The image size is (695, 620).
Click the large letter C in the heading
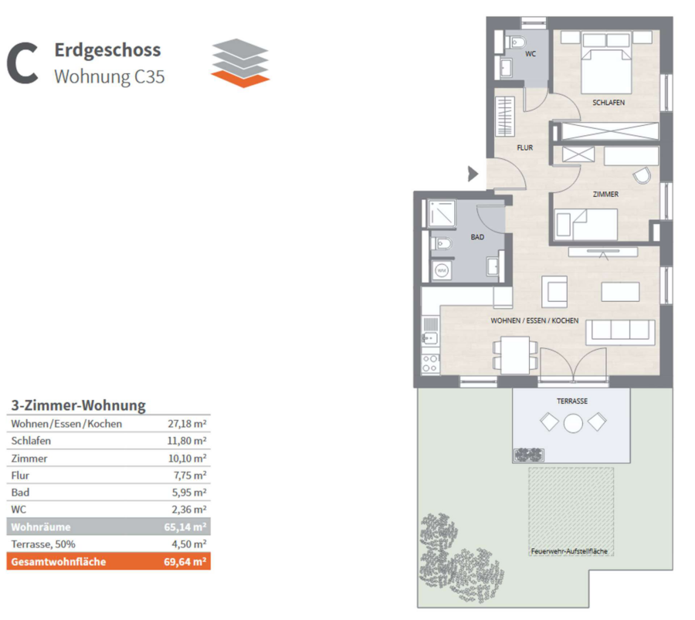pos(22,63)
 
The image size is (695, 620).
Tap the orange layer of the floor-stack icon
pos(240,79)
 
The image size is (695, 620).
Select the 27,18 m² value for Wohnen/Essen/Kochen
pos(187,424)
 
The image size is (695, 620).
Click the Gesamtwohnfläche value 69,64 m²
pos(185,561)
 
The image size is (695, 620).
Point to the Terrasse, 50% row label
pos(43,544)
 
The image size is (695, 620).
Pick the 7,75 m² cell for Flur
pos(190,476)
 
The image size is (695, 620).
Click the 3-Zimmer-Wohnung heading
pos(79,405)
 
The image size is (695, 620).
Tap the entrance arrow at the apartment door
pos(473,174)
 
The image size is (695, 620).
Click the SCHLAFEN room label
pos(609,103)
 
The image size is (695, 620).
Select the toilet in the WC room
pos(516,42)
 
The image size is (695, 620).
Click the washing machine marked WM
pos(442,270)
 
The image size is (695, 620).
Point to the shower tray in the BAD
pos(442,213)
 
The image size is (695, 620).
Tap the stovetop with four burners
pos(430,364)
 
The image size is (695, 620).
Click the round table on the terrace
pos(573,423)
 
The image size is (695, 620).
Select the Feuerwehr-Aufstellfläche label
pos(569,551)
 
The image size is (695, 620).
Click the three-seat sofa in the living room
pos(620,332)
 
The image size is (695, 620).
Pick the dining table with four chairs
pos(515,355)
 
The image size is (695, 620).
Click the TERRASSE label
pos(572,401)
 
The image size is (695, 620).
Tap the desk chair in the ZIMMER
pos(642,175)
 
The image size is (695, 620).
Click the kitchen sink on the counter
pos(430,338)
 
